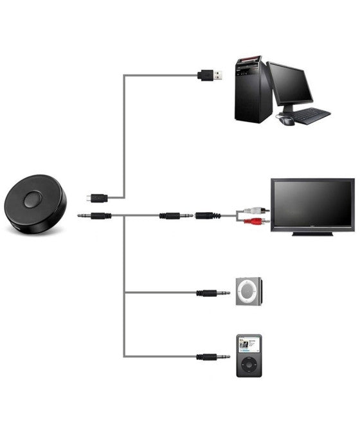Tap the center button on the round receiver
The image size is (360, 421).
(x=32, y=200)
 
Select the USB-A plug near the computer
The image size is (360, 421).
(x=212, y=75)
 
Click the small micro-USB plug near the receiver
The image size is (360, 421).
(x=98, y=197)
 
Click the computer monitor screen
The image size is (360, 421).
(x=291, y=84)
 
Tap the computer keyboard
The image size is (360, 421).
(x=312, y=116)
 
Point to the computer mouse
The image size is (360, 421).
(x=286, y=120)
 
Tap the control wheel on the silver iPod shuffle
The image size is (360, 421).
(x=248, y=293)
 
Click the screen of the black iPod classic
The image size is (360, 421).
(x=248, y=346)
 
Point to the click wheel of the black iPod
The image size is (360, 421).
(x=248, y=368)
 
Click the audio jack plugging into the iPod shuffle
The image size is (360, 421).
(x=213, y=293)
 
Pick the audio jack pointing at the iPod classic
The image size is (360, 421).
(x=213, y=357)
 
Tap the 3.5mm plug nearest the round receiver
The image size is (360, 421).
(x=94, y=215)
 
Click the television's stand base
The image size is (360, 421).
(x=312, y=233)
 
